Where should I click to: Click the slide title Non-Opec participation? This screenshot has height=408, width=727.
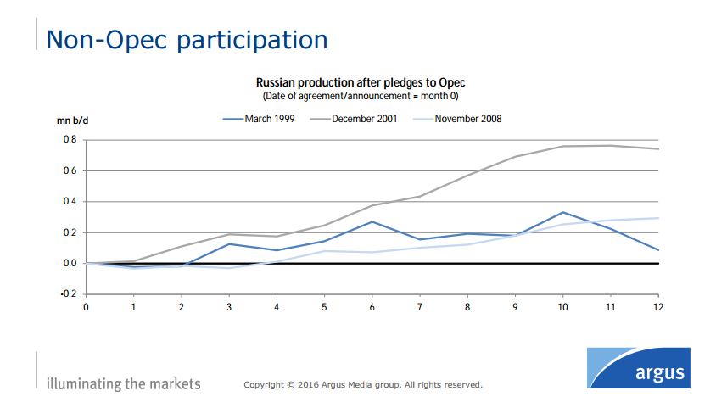point(186,40)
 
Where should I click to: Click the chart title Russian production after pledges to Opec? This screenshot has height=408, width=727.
point(361,82)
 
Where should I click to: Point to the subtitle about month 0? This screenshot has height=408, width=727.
point(361,95)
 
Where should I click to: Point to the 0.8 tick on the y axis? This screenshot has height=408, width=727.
point(70,140)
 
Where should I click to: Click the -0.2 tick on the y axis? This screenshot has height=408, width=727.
point(69,294)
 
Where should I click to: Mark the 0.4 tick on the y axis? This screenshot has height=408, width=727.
point(70,202)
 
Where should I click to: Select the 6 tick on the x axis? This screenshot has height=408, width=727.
point(372,306)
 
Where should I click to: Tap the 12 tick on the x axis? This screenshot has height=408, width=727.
point(657,306)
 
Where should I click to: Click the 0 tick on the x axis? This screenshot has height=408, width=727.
point(86,306)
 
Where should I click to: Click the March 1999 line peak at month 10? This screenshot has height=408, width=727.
point(562,213)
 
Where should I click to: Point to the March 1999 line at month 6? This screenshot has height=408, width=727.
point(372,222)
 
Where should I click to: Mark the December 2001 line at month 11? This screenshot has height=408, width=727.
point(610,146)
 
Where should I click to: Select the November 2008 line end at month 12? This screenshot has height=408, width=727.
point(657,218)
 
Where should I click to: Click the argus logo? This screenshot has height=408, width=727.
point(638,367)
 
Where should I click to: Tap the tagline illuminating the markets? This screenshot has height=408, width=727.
point(124,384)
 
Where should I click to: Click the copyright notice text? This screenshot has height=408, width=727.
point(363,385)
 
